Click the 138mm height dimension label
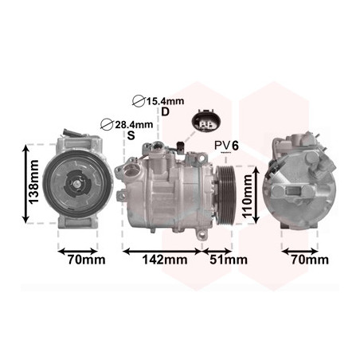pyautogui.click(x=34, y=182)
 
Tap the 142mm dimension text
pyautogui.click(x=165, y=260)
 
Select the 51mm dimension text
pyautogui.click(x=229, y=260)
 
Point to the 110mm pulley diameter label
pyautogui.click(x=248, y=196)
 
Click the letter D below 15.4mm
pyautogui.click(x=165, y=112)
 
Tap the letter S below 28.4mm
pyautogui.click(x=131, y=135)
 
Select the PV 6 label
pyautogui.click(x=226, y=146)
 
